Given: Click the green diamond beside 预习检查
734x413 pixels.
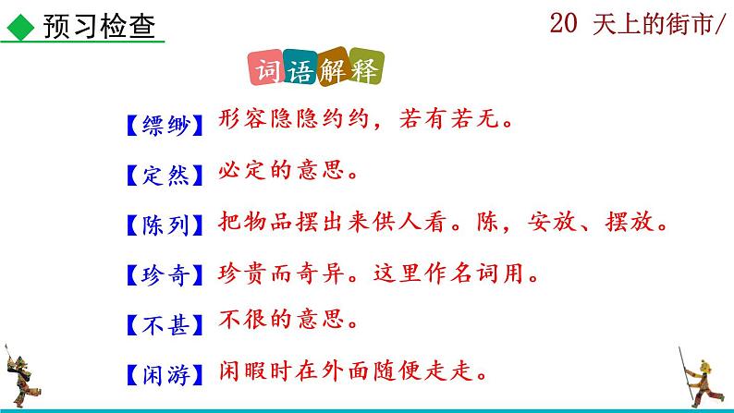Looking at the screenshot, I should click(18, 25).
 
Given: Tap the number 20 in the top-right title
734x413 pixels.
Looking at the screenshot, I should click(565, 25).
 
